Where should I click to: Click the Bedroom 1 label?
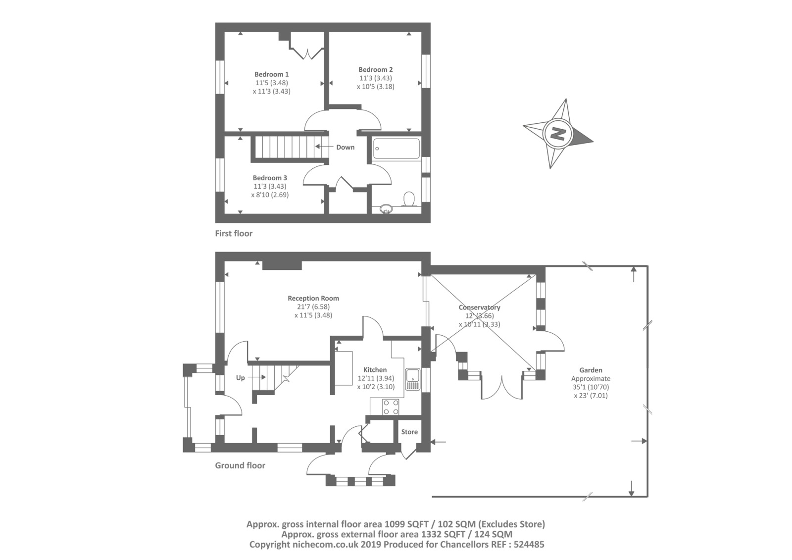click(271, 74)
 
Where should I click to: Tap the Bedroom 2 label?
click(375, 69)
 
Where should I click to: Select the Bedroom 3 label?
click(270, 178)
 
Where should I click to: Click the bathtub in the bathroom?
click(396, 149)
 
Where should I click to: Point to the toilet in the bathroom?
click(409, 199)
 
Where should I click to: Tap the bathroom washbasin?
click(386, 209)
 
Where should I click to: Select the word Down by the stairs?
click(345, 147)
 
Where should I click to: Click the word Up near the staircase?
click(240, 378)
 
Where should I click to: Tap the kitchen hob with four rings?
click(391, 407)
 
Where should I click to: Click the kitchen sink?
click(412, 379)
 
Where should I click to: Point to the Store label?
click(409, 432)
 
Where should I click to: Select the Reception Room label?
click(313, 298)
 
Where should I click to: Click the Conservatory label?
click(479, 307)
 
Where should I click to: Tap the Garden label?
click(591, 370)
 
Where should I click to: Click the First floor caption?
click(234, 233)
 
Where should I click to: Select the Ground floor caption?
click(240, 465)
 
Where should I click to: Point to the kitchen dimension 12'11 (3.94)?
click(376, 378)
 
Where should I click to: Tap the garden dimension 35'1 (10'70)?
click(591, 387)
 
